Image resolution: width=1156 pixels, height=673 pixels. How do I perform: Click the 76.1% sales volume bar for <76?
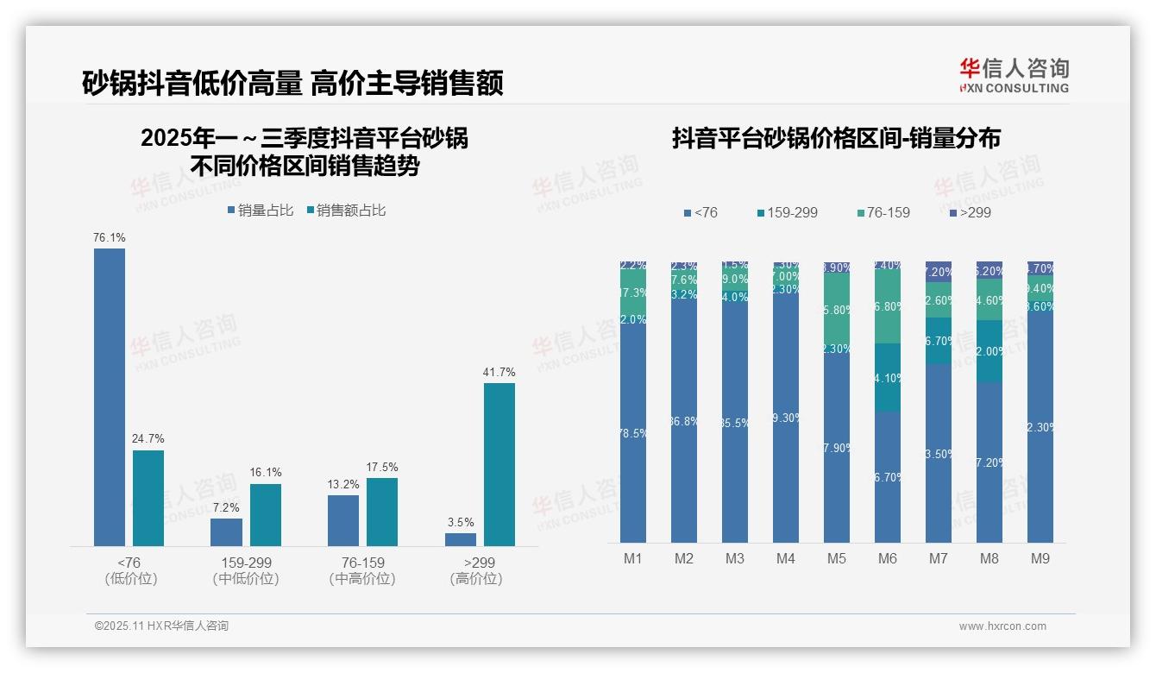(x=110, y=397)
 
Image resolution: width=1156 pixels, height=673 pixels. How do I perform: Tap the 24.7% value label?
(x=148, y=439)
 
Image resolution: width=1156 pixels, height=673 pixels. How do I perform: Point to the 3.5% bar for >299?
(x=460, y=539)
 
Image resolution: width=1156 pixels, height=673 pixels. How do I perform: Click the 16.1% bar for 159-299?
(x=266, y=514)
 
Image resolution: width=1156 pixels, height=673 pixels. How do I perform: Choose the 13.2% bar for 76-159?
(x=343, y=520)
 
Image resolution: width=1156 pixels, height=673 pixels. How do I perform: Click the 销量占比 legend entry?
(x=261, y=211)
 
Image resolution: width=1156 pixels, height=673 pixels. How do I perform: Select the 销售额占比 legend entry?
(x=346, y=211)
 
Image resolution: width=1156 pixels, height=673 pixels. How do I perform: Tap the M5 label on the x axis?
(x=836, y=559)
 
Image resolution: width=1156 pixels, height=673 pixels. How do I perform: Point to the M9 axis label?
(x=1040, y=559)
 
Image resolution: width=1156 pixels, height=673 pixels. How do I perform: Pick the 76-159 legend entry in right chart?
(x=884, y=212)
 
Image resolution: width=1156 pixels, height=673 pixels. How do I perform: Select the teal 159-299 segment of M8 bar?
(x=989, y=351)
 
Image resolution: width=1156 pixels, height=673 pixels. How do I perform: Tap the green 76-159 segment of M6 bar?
(x=887, y=306)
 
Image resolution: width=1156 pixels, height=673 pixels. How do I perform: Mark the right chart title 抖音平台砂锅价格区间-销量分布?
(x=836, y=139)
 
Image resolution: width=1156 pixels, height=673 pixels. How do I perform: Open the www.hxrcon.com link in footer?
(x=1002, y=626)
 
